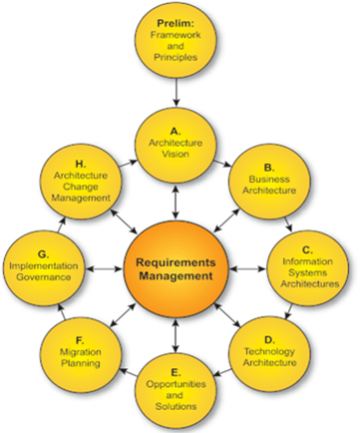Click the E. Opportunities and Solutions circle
click(x=178, y=389)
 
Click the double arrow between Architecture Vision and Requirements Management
click(x=178, y=199)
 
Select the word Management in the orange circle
click(x=178, y=277)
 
